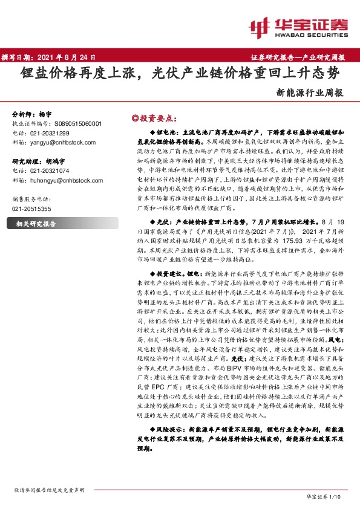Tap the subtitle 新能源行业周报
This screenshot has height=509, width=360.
coord(309,93)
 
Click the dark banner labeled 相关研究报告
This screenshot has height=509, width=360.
coord(36,223)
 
